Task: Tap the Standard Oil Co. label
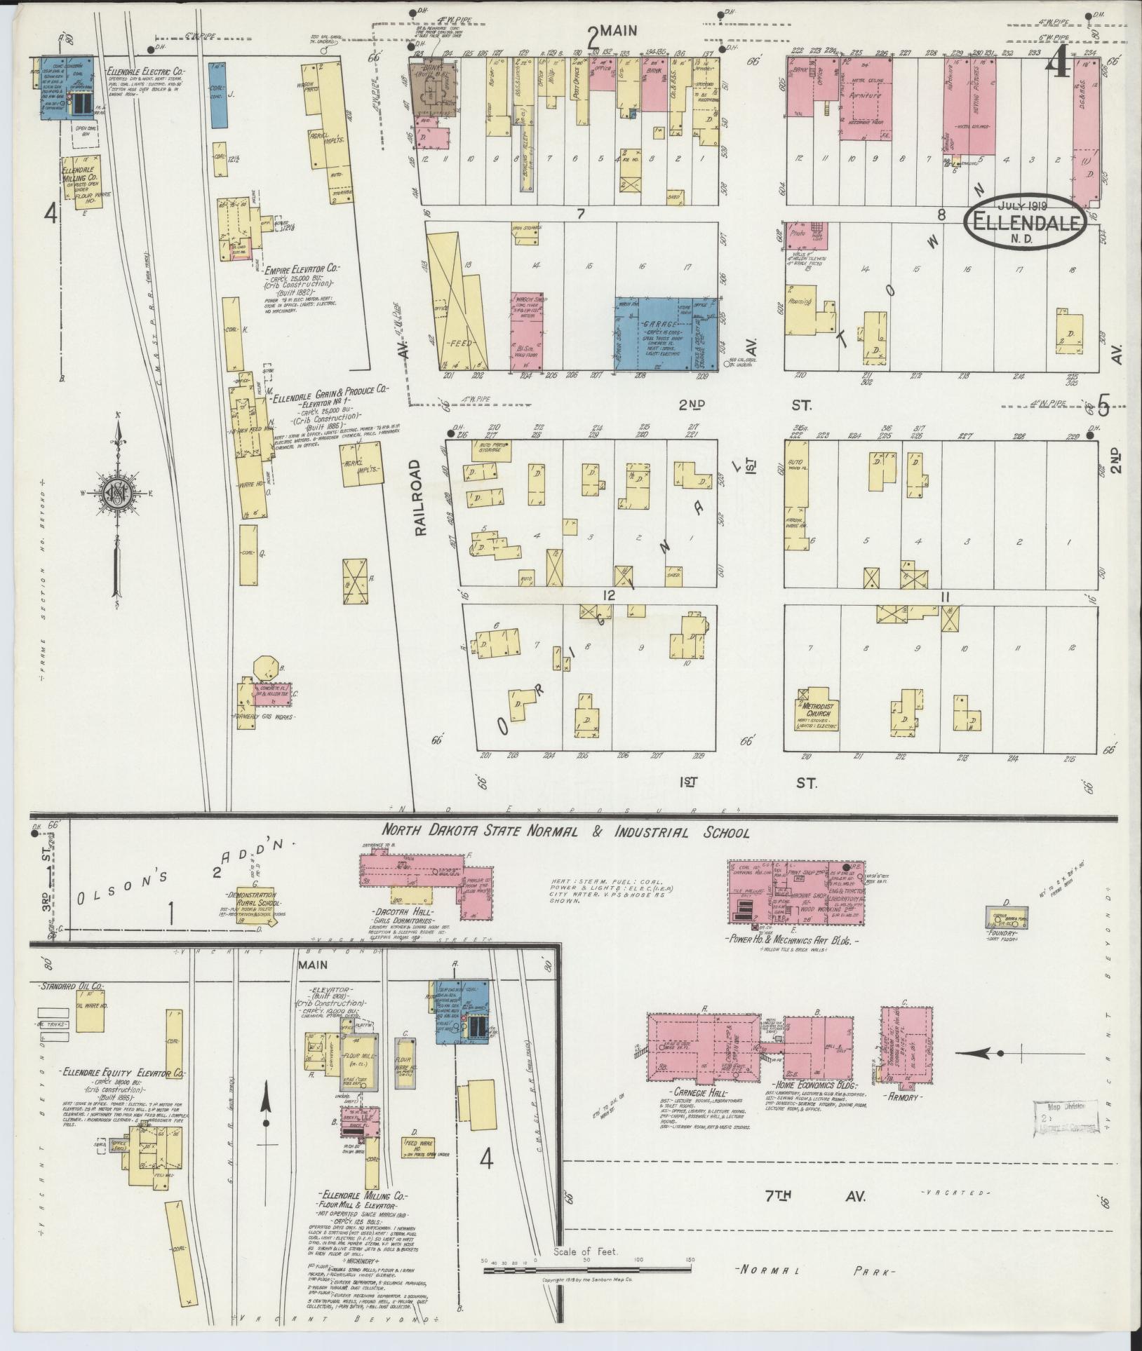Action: (x=70, y=986)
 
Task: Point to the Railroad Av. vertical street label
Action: (x=420, y=498)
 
